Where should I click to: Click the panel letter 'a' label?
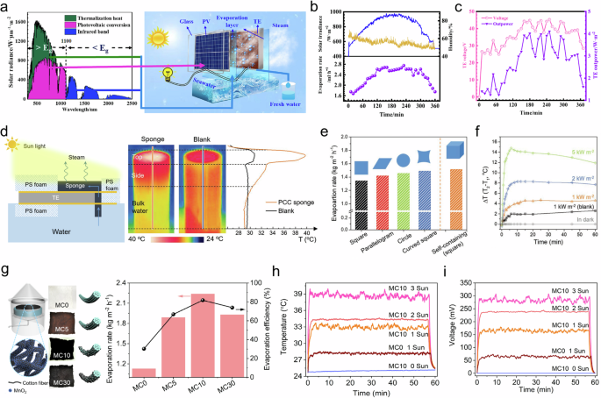click(x=6, y=8)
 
